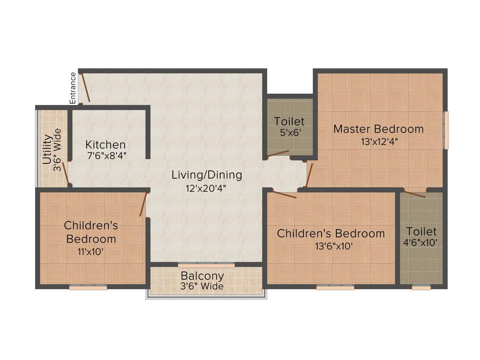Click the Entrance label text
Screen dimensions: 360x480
click(73, 88)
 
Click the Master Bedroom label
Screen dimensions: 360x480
click(378, 129)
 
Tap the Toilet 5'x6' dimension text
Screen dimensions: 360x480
click(289, 132)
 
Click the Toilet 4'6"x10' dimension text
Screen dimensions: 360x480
click(421, 243)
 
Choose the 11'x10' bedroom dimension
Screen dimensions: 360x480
click(91, 251)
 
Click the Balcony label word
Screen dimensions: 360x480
click(202, 276)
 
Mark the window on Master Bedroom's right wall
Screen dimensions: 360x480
click(446, 130)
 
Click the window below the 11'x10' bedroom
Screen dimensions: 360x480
click(88, 287)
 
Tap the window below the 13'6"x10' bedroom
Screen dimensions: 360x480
click(335, 287)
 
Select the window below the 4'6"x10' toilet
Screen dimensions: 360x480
click(421, 287)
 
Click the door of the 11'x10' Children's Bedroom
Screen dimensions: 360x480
click(143, 204)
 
